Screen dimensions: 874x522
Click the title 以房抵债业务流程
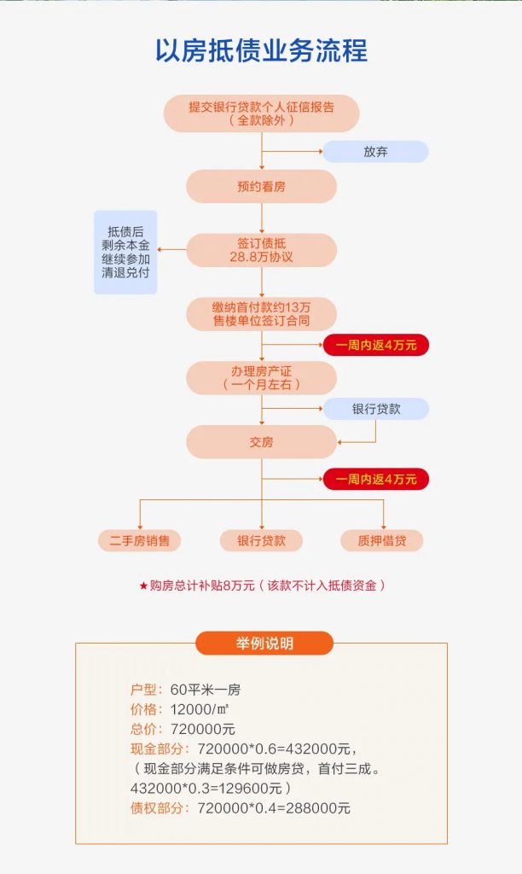(x=261, y=50)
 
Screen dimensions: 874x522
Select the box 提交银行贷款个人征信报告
(x=261, y=114)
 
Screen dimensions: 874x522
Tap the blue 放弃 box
(x=375, y=152)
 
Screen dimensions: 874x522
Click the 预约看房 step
(x=261, y=186)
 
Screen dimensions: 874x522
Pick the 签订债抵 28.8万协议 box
(x=261, y=250)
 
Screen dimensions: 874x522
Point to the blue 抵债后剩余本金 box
(x=125, y=252)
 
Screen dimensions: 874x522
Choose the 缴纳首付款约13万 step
(x=261, y=314)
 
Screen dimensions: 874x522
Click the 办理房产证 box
(x=261, y=378)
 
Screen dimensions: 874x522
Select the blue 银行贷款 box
(x=375, y=409)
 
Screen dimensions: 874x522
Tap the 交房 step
(x=261, y=442)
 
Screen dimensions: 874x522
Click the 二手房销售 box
(x=139, y=540)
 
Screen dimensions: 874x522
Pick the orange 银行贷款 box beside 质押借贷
(x=261, y=540)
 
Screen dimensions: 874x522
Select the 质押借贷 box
(x=381, y=540)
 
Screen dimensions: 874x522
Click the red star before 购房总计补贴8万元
(x=143, y=586)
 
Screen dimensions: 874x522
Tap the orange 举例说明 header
(x=264, y=644)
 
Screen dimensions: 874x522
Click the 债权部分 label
(x=161, y=807)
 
